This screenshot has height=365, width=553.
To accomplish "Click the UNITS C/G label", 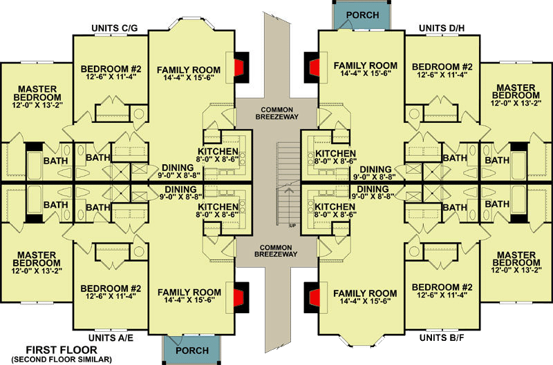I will click(115, 29).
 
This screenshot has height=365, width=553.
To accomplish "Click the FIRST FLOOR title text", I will click(55, 350).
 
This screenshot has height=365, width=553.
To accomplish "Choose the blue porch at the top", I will click(362, 14).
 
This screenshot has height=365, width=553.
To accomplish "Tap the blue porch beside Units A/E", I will click(191, 350).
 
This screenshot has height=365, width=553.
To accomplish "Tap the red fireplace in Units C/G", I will click(237, 68).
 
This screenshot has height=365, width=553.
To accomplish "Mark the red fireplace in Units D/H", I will click(313, 68).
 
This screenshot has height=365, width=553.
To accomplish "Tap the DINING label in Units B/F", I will click(373, 188).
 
